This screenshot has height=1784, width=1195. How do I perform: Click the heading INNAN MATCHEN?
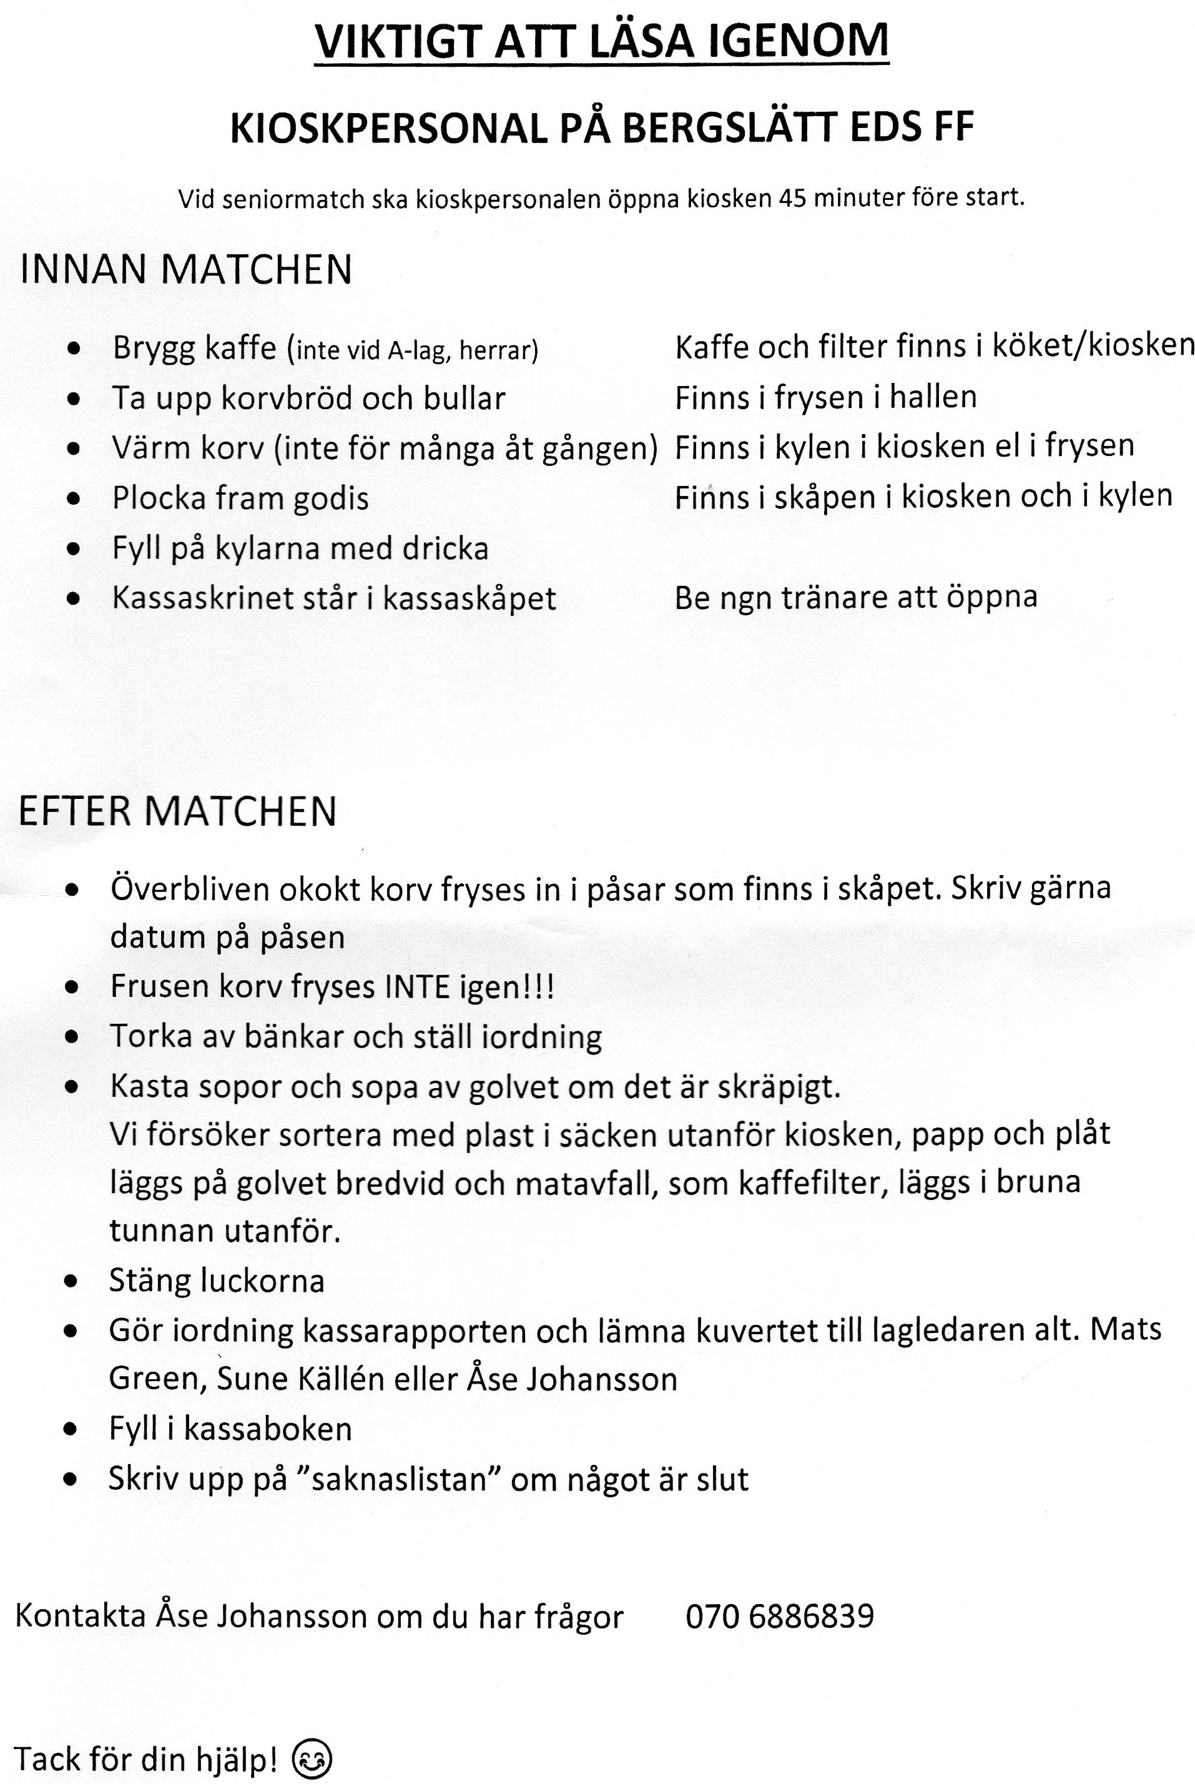click(x=186, y=270)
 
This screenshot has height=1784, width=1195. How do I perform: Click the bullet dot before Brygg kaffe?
click(x=73, y=349)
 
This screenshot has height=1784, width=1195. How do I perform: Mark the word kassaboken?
click(x=267, y=1429)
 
